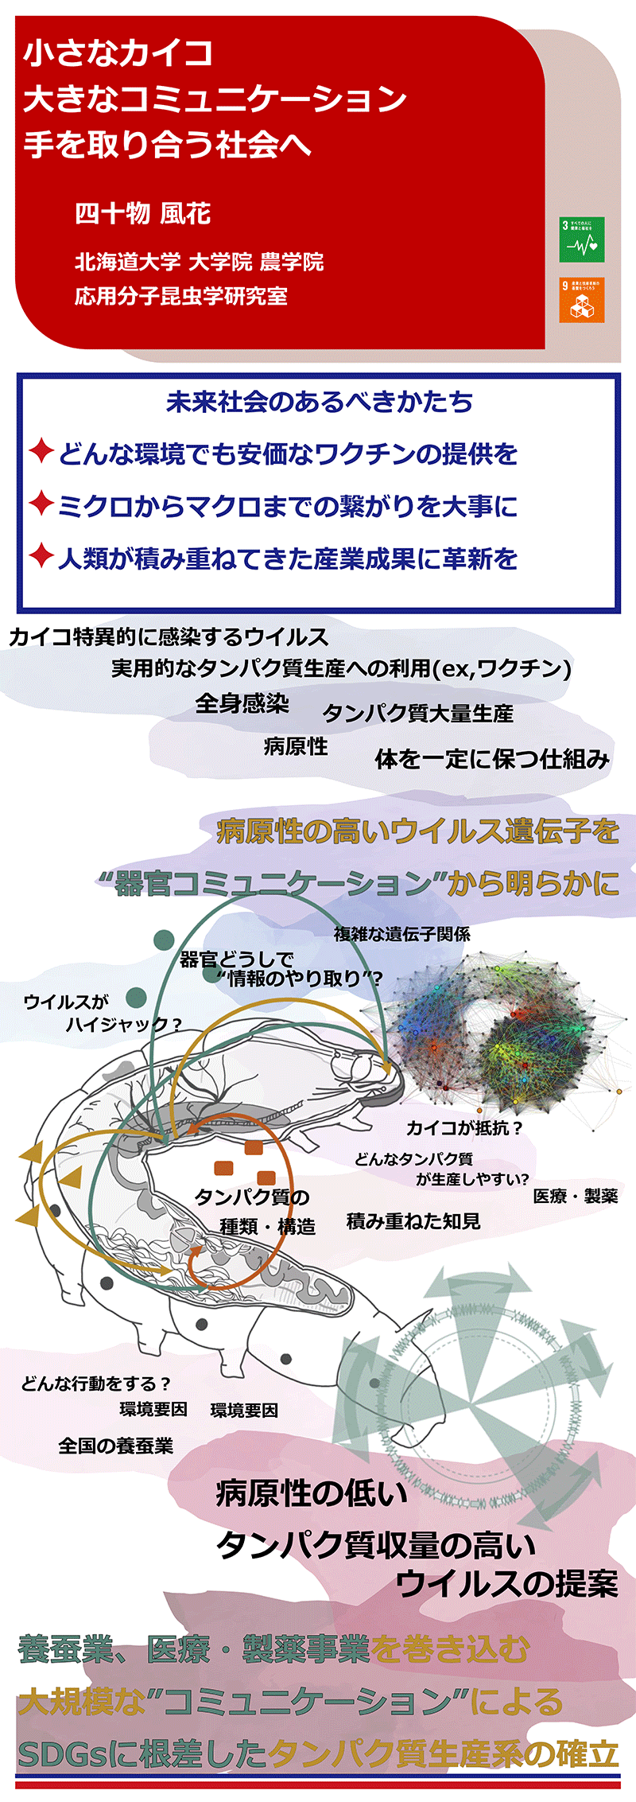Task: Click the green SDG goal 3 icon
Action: pos(582,239)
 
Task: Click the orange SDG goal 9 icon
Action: pos(582,300)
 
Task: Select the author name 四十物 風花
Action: pos(143,213)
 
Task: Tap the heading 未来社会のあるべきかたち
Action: pos(320,402)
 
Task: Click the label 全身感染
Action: pos(242,703)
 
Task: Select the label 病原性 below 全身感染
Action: pos(296,746)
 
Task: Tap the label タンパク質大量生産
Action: pos(418,714)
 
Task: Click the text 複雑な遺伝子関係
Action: pos(401,934)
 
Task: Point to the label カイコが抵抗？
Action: pos(464,1127)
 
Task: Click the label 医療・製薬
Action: pos(575,1197)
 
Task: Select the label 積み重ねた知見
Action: pos(413,1221)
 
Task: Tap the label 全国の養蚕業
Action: pos(115,1446)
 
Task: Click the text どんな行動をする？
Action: pos(96,1384)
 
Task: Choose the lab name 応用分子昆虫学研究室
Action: pos(181,297)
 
